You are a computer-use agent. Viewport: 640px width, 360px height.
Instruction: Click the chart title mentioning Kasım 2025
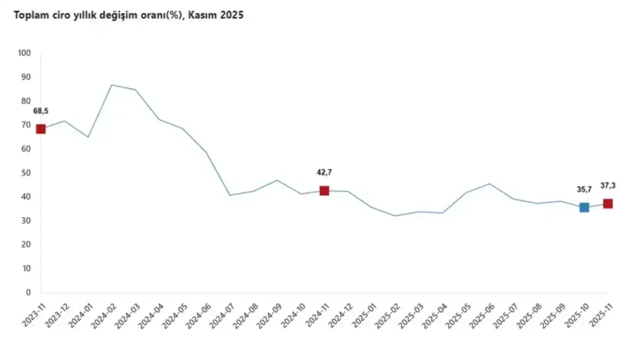pyautogui.click(x=128, y=15)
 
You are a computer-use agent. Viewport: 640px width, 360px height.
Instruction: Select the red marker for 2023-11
pyautogui.click(x=40, y=129)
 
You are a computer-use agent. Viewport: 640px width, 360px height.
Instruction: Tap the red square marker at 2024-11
pyautogui.click(x=324, y=190)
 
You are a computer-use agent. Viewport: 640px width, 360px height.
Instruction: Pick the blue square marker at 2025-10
pyautogui.click(x=584, y=207)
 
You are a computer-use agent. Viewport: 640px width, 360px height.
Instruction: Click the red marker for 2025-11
pyautogui.click(x=607, y=203)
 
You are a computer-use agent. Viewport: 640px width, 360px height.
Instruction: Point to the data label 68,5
pyautogui.click(x=40, y=111)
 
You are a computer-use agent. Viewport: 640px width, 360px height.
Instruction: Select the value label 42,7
pyautogui.click(x=324, y=172)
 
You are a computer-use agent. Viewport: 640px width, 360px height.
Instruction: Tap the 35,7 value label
pyautogui.click(x=583, y=189)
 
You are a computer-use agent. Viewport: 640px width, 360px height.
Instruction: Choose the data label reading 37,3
pyautogui.click(x=607, y=185)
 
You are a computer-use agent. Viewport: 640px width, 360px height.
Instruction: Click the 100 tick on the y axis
pyautogui.click(x=23, y=53)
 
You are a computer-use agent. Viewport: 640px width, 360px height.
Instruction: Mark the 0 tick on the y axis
pyautogui.click(x=28, y=292)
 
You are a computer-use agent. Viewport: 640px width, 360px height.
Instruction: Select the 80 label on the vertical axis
pyautogui.click(x=25, y=101)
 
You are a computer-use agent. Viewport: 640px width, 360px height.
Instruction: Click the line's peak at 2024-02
pyautogui.click(x=111, y=85)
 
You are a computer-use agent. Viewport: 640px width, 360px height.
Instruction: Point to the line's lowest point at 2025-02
pyautogui.click(x=395, y=216)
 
